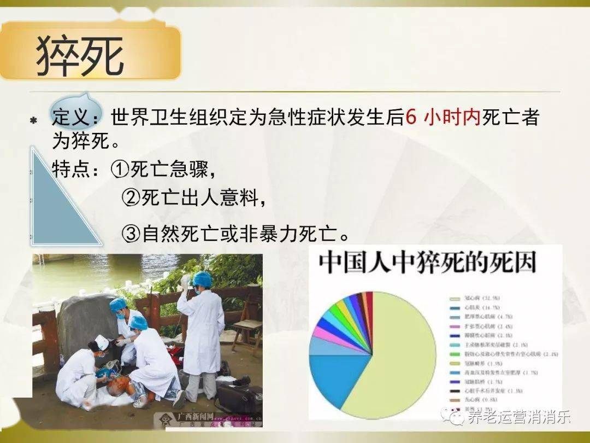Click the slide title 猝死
tap(80, 55)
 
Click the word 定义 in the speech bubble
tap(71, 116)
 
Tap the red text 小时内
tap(452, 117)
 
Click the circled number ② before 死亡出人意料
tap(131, 197)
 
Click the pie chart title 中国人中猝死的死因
tap(428, 264)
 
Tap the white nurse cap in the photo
tap(102, 342)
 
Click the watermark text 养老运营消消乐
tap(518, 417)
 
